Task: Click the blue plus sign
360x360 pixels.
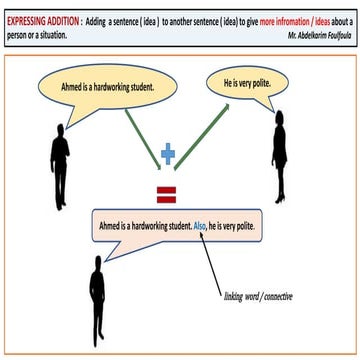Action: pyautogui.click(x=168, y=154)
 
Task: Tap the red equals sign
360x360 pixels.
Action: pyautogui.click(x=167, y=190)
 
